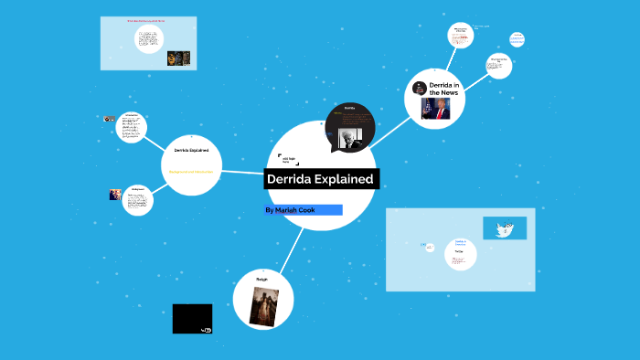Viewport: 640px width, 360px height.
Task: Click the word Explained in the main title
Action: [x=342, y=179]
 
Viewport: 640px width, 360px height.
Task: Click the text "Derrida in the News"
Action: [x=443, y=88]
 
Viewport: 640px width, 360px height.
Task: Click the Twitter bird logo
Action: [x=503, y=228]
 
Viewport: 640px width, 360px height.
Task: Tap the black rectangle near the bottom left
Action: [x=192, y=319]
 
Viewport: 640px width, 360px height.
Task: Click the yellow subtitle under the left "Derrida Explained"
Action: [x=191, y=171]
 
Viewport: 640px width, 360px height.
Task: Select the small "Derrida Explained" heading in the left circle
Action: [x=191, y=150]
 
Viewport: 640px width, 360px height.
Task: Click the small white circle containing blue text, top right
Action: [x=517, y=39]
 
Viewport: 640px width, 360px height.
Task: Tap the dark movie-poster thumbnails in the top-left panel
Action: [x=180, y=58]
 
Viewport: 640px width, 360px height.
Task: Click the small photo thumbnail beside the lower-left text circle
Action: [x=115, y=195]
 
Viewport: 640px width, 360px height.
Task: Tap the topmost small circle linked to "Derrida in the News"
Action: [x=459, y=35]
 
